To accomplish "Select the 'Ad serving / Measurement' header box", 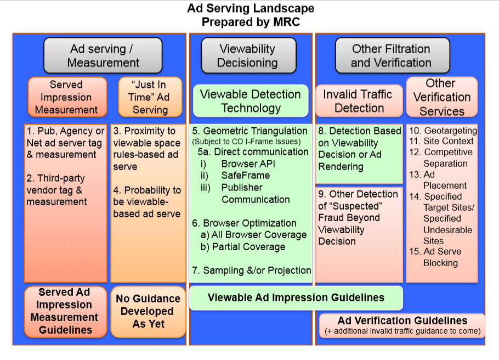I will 103,55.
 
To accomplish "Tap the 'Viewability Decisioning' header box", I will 247,55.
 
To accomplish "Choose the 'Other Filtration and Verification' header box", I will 392,55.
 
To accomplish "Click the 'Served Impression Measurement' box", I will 66,97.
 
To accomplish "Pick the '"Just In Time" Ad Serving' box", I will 150,97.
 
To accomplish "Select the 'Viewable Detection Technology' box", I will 250,101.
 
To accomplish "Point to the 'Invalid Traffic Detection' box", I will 358,101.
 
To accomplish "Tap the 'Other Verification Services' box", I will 441,97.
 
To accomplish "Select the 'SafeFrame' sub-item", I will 246,176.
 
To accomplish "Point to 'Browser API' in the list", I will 248,164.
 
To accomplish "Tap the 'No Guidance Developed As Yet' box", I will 148,311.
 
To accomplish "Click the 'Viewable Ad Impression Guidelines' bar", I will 296,298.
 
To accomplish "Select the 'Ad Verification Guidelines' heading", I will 402,320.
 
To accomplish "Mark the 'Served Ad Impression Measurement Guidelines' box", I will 65,311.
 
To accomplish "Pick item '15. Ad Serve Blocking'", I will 443,257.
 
